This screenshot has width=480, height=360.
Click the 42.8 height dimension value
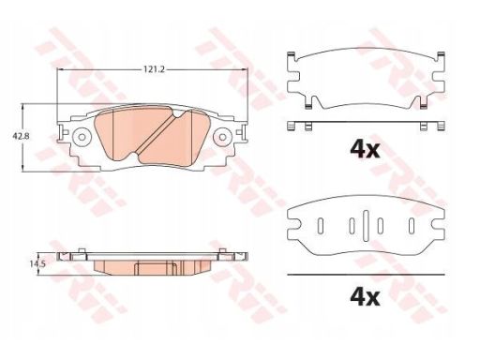(x=21, y=137)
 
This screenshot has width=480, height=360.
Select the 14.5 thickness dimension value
(x=37, y=264)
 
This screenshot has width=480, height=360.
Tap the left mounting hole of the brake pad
(x=82, y=137)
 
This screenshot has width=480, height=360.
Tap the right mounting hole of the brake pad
(x=222, y=137)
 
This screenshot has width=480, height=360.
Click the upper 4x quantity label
(x=365, y=150)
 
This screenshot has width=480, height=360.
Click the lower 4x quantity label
(x=365, y=298)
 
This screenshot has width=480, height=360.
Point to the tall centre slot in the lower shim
(x=367, y=225)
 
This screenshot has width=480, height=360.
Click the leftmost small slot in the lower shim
(x=321, y=225)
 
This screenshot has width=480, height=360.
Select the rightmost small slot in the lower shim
(x=412, y=225)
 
